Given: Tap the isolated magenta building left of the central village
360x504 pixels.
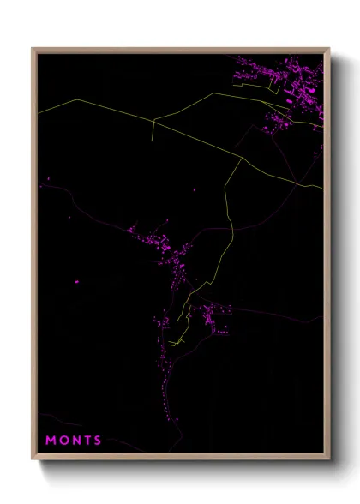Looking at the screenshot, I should pyautogui.click(x=76, y=281).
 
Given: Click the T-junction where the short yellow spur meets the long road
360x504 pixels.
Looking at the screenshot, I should pyautogui.click(x=154, y=120).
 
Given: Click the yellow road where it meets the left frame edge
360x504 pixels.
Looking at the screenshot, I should pyautogui.click(x=38, y=111).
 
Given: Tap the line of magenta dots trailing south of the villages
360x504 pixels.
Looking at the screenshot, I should pyautogui.click(x=163, y=386).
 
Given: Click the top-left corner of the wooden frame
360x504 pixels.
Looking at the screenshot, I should pyautogui.click(x=33, y=49).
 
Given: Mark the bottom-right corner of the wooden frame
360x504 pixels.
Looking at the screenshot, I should pyautogui.click(x=329, y=460).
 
